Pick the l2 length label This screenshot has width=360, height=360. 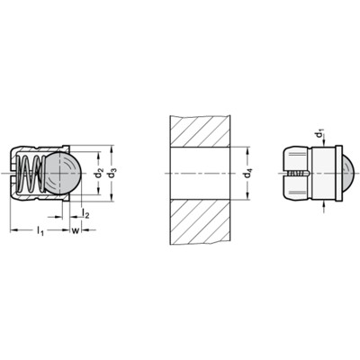[85, 213]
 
